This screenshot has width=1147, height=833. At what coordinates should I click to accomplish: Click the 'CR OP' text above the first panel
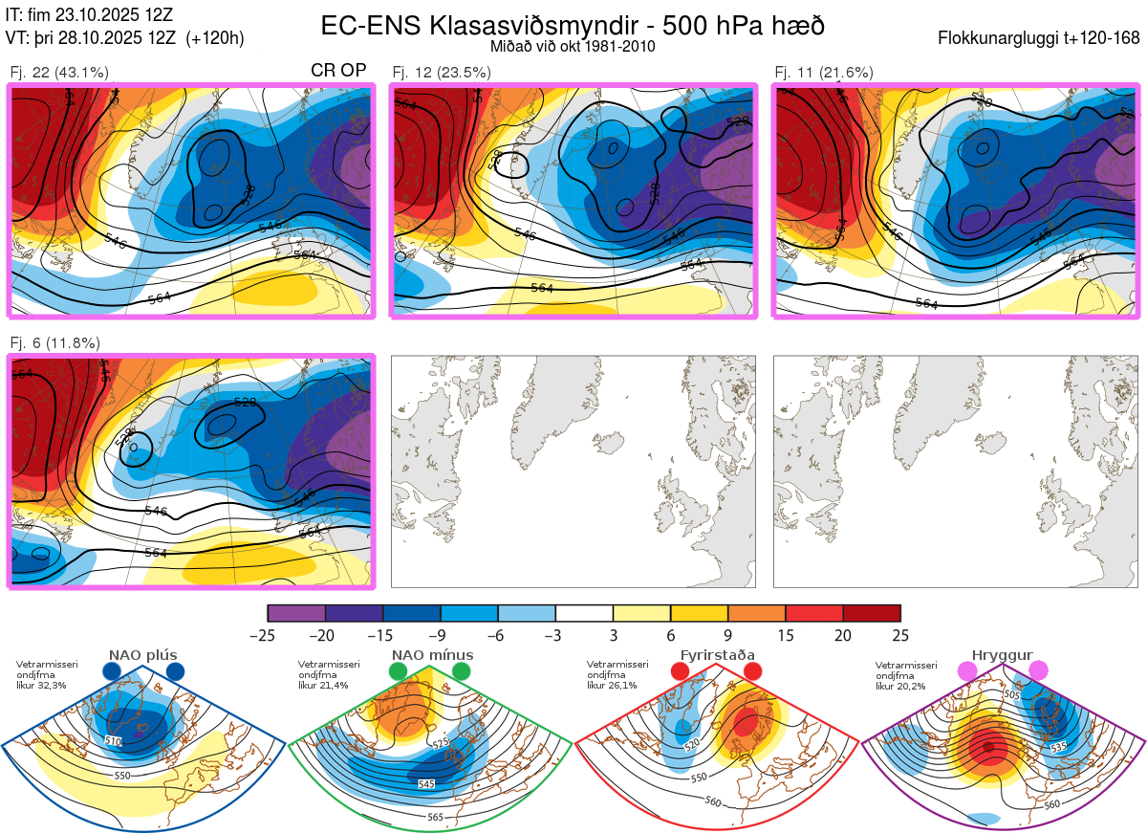point(339,71)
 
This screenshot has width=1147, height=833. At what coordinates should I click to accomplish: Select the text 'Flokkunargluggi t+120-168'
point(1040,38)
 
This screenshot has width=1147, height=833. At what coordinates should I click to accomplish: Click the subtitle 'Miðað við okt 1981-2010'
point(572,46)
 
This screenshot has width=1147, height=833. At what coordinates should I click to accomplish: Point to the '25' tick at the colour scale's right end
point(900,635)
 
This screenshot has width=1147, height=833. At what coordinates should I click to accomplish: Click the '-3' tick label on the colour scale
point(554,635)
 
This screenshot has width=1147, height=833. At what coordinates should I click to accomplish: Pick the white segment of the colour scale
point(584,613)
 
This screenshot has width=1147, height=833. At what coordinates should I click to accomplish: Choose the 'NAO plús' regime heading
point(142,655)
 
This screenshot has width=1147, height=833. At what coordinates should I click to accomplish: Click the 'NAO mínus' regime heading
point(432,655)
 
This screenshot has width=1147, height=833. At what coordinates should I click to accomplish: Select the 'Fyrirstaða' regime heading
point(717,655)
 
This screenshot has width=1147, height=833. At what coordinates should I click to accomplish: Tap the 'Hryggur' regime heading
point(1004,655)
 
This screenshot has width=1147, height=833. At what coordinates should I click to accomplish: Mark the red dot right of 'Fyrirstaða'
point(752,672)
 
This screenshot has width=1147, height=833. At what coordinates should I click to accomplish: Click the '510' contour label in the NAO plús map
point(114,741)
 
